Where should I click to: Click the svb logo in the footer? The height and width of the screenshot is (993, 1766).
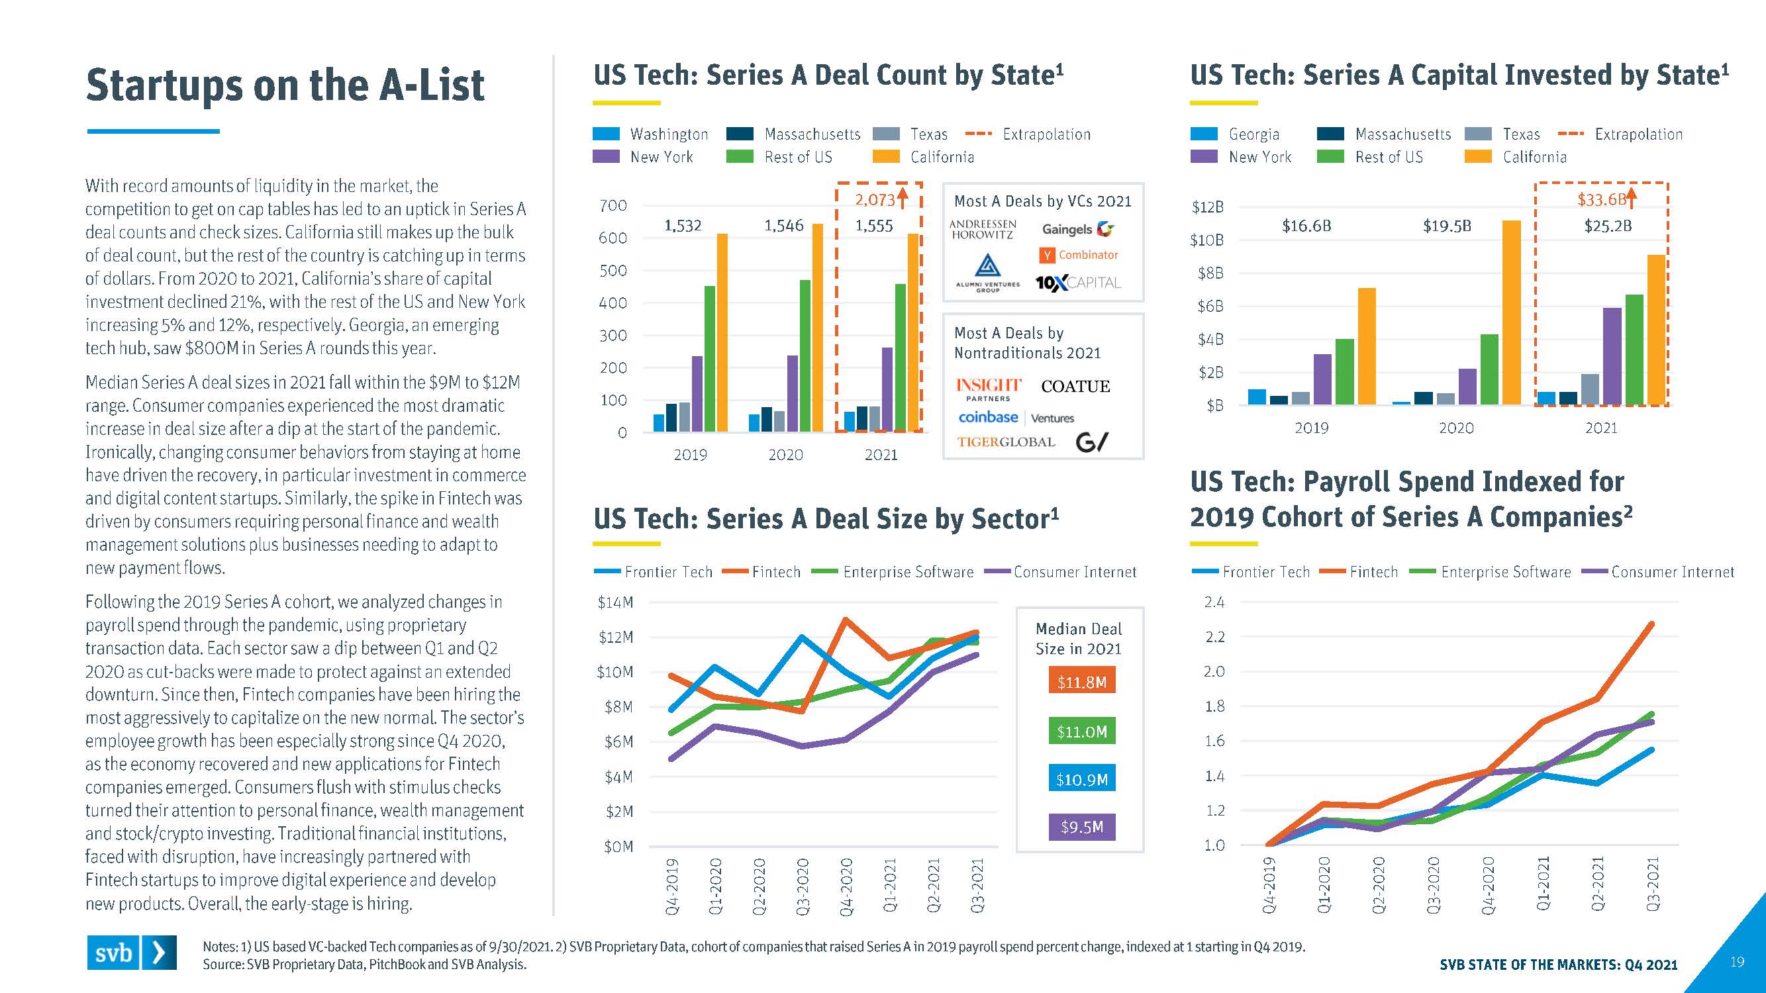(131, 952)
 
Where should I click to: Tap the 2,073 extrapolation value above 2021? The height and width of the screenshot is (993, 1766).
(875, 200)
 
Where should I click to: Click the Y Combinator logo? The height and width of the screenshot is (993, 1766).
(1080, 255)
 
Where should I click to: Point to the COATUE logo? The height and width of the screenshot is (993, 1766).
(1075, 387)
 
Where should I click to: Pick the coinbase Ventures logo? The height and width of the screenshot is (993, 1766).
(1015, 417)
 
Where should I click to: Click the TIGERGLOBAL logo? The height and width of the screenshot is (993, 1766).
(1006, 442)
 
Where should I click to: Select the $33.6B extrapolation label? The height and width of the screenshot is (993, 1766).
(1602, 199)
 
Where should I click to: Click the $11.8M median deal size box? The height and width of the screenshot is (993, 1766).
(1081, 682)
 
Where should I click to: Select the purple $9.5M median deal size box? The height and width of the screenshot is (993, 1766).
(1081, 827)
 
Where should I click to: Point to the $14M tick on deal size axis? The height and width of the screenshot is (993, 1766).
(615, 602)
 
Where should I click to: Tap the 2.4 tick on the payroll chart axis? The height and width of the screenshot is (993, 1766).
(1214, 602)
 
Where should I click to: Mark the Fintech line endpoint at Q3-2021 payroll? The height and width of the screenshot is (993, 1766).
(1651, 624)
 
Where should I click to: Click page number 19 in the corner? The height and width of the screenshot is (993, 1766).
(1736, 962)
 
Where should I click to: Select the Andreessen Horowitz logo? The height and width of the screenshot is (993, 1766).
(983, 229)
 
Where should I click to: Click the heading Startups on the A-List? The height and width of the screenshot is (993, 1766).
(285, 85)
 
